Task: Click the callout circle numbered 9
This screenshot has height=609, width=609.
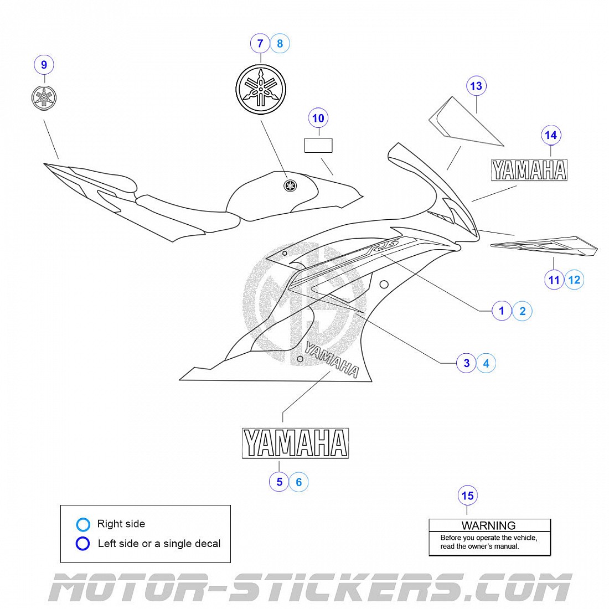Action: [x=44, y=65]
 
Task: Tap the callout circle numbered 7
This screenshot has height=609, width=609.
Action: [x=260, y=43]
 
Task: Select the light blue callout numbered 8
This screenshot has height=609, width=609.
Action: [x=280, y=43]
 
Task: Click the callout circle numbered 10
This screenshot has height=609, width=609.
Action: [x=318, y=118]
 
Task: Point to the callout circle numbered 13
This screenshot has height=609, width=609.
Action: [x=476, y=86]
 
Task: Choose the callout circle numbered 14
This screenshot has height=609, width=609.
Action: [x=550, y=135]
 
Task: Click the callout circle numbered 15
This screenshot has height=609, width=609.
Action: [x=468, y=496]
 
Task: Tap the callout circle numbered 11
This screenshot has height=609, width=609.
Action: [x=554, y=280]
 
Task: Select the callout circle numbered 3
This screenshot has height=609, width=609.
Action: [x=466, y=363]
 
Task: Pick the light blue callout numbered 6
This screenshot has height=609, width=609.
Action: [x=299, y=482]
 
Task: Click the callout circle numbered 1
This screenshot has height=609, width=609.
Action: [x=502, y=311]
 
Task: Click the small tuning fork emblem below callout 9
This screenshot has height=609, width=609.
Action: [x=44, y=98]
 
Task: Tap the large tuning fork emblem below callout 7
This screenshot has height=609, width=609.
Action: [x=260, y=90]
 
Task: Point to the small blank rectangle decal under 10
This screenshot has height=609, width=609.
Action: [x=318, y=145]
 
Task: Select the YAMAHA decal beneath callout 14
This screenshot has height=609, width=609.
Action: [x=529, y=170]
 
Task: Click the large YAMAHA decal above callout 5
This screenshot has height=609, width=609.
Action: [x=295, y=443]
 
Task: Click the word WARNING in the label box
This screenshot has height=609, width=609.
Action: [x=488, y=525]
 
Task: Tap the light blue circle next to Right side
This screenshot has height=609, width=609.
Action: [x=83, y=524]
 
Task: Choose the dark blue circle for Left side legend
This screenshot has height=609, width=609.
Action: [x=83, y=544]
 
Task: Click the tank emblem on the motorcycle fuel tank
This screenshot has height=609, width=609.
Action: [x=288, y=185]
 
